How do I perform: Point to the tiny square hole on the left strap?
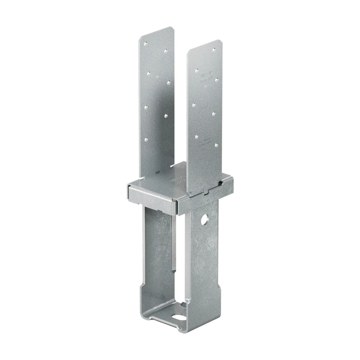(157, 77)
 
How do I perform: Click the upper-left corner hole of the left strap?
(145, 44)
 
